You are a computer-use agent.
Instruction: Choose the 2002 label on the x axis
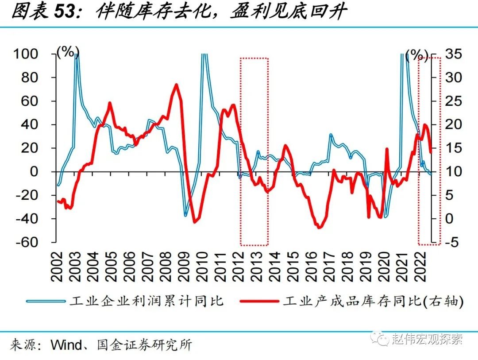tap(58, 267)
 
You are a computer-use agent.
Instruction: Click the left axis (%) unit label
tap(67, 52)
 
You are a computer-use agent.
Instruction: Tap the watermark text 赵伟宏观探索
tap(427, 340)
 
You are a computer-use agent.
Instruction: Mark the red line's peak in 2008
tap(176, 85)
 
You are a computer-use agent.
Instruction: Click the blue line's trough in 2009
tap(186, 216)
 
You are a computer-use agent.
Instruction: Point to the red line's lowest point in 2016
tap(320, 228)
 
